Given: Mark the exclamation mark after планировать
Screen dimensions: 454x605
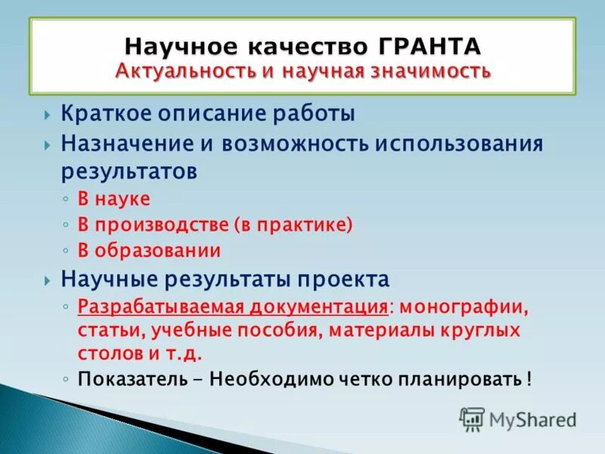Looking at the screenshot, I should (x=529, y=378).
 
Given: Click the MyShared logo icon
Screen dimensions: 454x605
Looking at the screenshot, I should (x=472, y=418).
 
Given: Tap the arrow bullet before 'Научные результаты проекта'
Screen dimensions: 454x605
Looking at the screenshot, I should (x=48, y=280).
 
